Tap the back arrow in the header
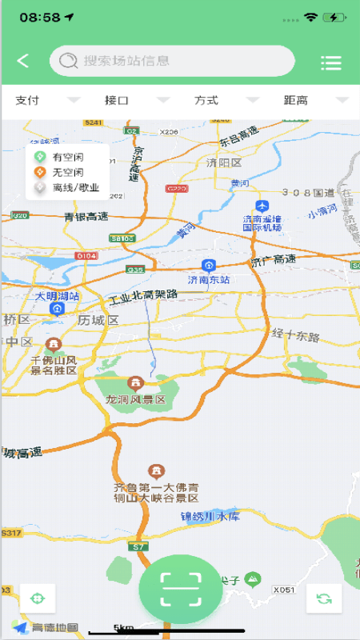pos(23,61)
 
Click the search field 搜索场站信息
pos(172,61)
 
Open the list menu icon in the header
pos(330,62)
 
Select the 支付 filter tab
pos(27,100)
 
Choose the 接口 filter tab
pos(117,100)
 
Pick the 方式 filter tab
pos(206,100)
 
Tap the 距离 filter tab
pos(296,100)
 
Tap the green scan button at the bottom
pos(180,590)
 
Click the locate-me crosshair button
pos(37,598)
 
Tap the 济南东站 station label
pos(209,280)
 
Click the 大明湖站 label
pos(58,296)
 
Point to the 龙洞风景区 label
pos(135,399)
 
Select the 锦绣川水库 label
pos(210,516)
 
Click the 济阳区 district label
pos(224,162)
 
